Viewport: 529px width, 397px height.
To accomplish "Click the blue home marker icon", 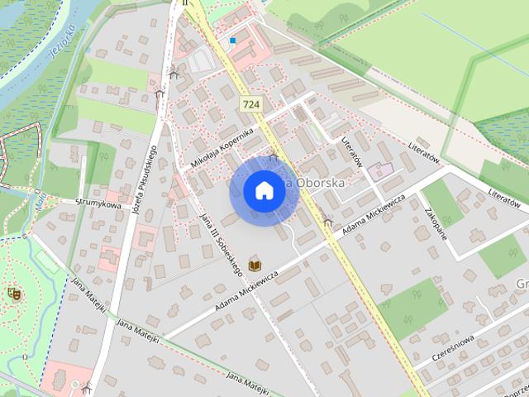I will [263, 190].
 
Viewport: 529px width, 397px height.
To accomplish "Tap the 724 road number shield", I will [252, 103].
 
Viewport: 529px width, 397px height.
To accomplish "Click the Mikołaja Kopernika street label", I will [221, 148].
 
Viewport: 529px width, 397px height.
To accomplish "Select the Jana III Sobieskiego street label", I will [219, 242].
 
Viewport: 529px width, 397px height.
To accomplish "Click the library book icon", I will [255, 264].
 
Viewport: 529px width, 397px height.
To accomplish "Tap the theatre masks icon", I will [12, 292].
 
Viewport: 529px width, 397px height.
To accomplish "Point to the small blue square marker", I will [233, 40].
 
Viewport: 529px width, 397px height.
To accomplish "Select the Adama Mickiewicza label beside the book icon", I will [250, 290].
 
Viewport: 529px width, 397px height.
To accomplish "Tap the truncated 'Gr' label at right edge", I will [521, 284].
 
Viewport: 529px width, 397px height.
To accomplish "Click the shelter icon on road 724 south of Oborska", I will [329, 221].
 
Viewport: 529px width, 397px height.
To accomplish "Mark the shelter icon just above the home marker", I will [273, 157].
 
